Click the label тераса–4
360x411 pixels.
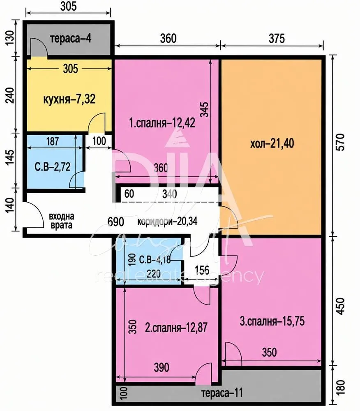pos(71,39)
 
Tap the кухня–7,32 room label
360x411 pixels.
pos(69,99)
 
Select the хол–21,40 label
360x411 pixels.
pos(272,143)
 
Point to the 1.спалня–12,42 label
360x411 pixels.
pos(162,122)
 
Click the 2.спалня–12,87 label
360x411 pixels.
pos(176,328)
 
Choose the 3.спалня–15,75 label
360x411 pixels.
pos(272,321)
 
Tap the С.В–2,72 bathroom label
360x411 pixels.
pos(53,167)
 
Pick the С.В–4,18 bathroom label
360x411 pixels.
pos(155,260)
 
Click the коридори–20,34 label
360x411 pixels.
pos(167,222)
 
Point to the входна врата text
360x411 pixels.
pos(62,221)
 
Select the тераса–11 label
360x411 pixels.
pos(222,393)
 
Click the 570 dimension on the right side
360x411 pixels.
pos(340,142)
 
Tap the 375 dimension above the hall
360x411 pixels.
pos(277,39)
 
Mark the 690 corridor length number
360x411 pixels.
pos(116,222)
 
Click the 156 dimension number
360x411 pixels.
pos(202,270)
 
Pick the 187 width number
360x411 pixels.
pos(53,141)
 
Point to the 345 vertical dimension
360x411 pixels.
pos(205,109)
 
